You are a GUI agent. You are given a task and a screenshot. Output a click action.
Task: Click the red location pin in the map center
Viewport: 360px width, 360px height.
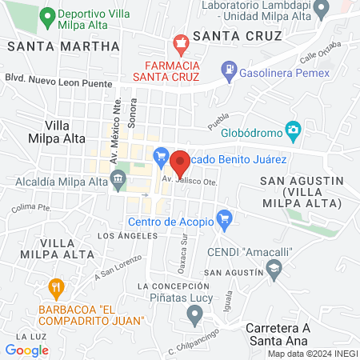coord(180,162)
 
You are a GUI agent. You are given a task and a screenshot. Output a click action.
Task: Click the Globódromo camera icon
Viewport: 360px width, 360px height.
coord(294,129)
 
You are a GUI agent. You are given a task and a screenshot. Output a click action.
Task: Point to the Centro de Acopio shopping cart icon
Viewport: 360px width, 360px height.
coord(225,217)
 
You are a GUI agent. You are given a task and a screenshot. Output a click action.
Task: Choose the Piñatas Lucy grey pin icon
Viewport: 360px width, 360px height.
coord(193,314)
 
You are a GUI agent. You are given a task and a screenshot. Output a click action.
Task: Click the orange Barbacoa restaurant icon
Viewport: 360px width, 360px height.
coord(56,286)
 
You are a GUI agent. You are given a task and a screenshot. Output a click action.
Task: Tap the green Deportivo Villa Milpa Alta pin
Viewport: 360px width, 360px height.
coord(47,15)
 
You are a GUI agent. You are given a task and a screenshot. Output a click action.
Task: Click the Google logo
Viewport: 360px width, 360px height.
coord(26,350)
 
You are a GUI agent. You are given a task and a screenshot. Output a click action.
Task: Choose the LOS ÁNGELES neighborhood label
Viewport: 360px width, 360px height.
coord(121,236)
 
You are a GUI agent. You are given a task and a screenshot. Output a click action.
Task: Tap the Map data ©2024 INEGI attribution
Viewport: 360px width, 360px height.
coord(311,354)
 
